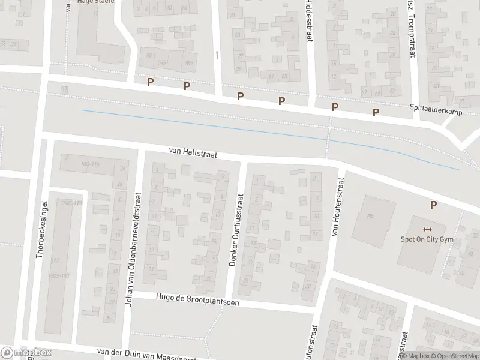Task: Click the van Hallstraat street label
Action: (x=192, y=154)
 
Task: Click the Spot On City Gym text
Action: (x=427, y=239)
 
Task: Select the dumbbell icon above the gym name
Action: (x=427, y=229)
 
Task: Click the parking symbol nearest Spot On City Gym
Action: (x=433, y=205)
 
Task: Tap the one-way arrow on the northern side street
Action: (x=217, y=55)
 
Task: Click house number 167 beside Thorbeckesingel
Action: (x=56, y=260)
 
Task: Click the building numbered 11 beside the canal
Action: (x=64, y=89)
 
